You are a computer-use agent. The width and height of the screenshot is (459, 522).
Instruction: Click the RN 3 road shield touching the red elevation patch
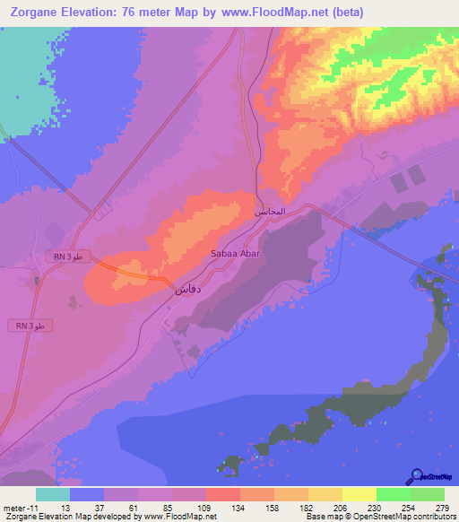pyautogui.click(x=67, y=257)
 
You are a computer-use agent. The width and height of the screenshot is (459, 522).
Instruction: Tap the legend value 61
pyautogui.click(x=137, y=508)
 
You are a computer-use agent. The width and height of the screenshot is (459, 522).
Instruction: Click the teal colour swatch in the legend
pyautogui.click(x=52, y=494)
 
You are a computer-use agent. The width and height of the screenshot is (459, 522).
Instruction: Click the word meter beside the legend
pyautogui.click(x=13, y=508)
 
